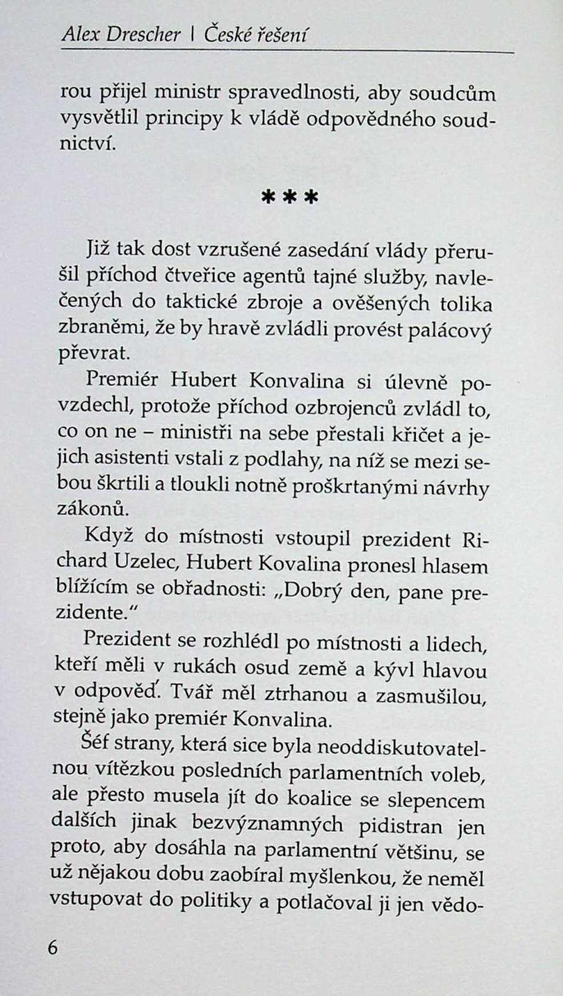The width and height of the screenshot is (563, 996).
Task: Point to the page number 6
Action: pyautogui.click(x=53, y=947)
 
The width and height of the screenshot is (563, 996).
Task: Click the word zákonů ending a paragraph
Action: pyautogui.click(x=90, y=508)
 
